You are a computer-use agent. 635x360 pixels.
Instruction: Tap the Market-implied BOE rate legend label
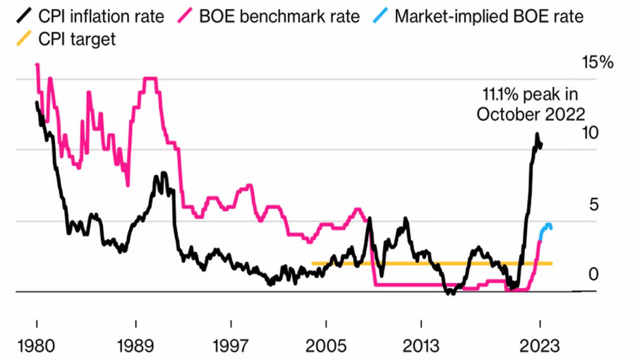coord(489,16)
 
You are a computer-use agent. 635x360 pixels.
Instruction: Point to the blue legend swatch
coord(382,16)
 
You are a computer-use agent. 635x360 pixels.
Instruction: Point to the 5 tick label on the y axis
coord(593,204)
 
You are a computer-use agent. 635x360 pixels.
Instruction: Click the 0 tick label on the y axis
coord(593,274)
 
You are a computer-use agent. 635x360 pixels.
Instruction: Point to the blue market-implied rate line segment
coord(545,227)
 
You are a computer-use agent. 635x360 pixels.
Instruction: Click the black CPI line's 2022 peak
coord(537,134)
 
